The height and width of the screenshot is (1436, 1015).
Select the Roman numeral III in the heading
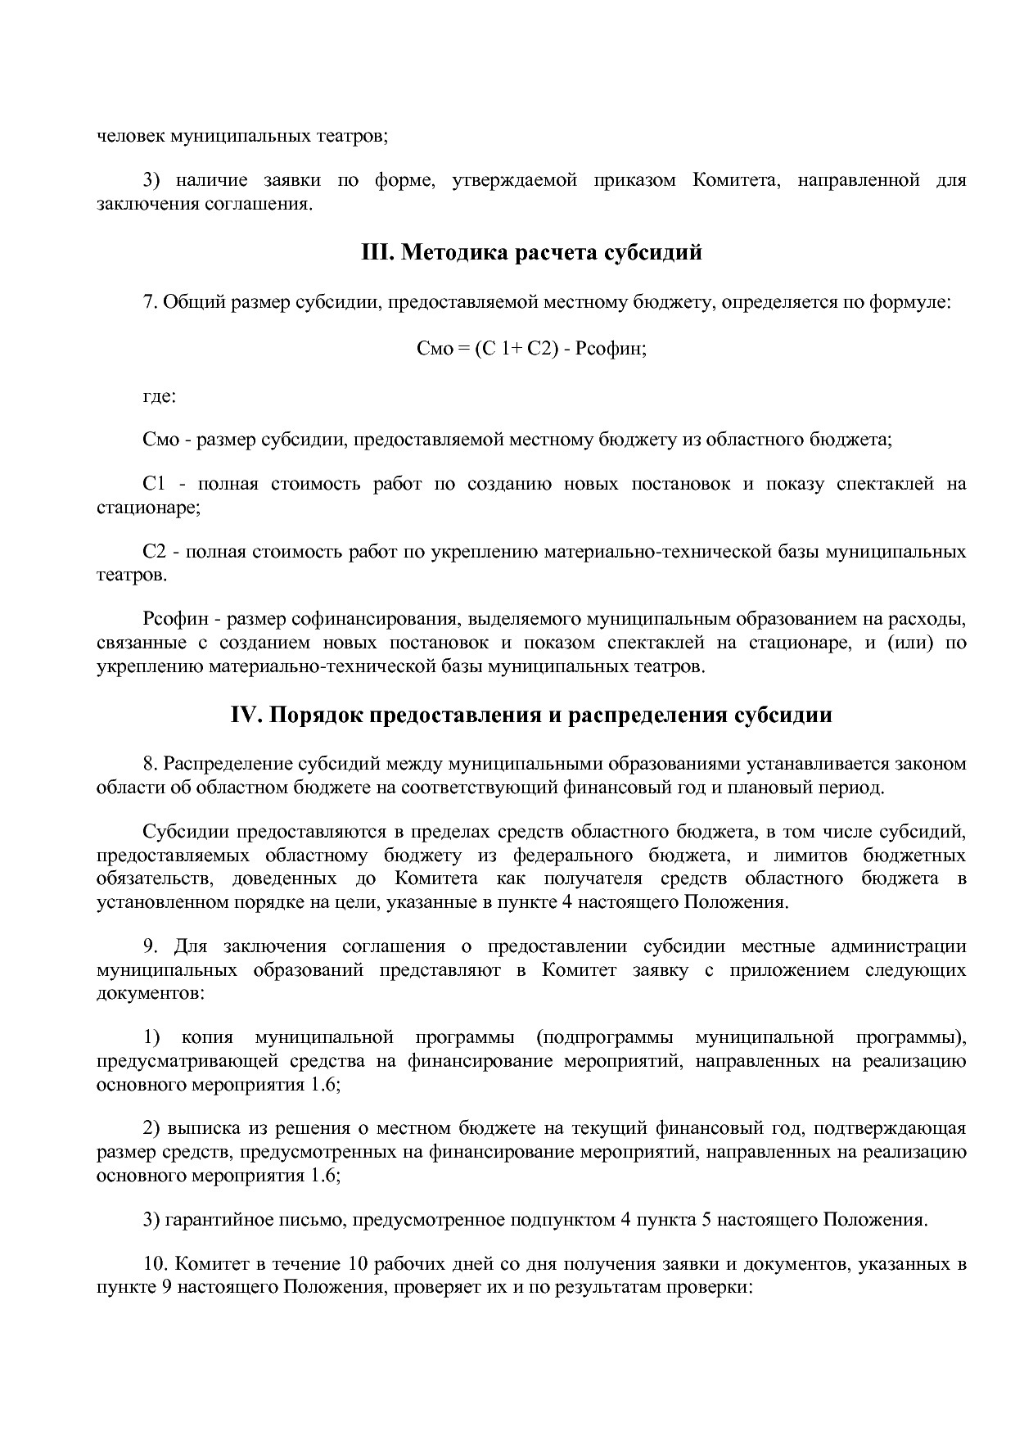coord(376,252)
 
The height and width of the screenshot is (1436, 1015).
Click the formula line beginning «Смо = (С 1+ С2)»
coord(531,348)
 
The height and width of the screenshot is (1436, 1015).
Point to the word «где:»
coord(159,396)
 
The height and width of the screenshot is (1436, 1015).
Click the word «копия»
coord(207,1038)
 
